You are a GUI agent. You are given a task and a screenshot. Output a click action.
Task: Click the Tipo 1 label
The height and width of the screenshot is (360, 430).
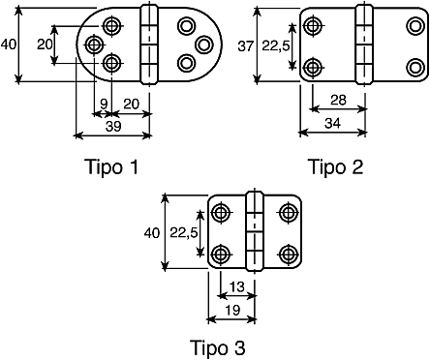[112, 167]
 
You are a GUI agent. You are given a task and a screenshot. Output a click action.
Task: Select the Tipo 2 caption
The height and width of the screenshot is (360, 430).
[337, 167]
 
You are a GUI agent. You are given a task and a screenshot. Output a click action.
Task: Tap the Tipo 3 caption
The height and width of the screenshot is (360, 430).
[218, 347]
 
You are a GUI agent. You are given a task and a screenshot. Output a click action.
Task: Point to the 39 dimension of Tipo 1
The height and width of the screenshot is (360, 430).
[113, 127]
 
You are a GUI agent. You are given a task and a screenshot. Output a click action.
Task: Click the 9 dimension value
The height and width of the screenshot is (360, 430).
[104, 104]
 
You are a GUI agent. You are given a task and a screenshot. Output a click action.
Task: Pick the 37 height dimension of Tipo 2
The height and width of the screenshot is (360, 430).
[246, 46]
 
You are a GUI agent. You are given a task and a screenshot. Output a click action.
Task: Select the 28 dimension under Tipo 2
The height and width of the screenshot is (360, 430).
[338, 101]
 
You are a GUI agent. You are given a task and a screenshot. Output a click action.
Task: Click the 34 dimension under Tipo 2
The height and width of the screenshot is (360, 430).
[332, 123]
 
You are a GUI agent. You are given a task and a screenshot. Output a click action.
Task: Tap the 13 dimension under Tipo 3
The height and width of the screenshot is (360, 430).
[237, 286]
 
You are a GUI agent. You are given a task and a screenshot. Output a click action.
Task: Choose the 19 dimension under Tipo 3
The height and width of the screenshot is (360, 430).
[232, 310]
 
